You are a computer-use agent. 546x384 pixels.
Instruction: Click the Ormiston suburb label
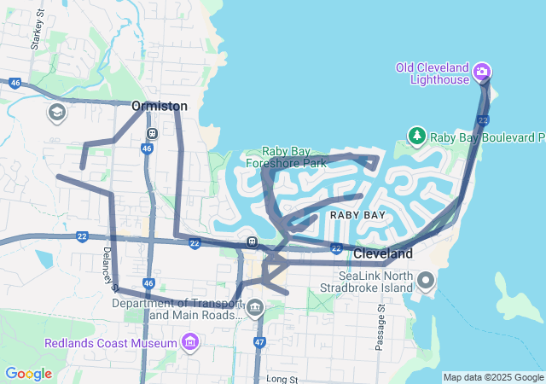[x=159, y=106]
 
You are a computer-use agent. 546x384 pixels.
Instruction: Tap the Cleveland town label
[x=383, y=253]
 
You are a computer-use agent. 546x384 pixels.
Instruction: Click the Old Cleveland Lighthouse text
[x=433, y=73]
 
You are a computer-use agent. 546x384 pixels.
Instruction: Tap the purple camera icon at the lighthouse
[x=481, y=70]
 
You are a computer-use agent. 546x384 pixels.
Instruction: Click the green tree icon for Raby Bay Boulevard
[x=416, y=136]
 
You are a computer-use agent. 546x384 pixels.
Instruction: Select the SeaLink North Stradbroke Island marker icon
[x=426, y=279]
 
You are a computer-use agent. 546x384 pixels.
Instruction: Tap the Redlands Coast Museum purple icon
[x=189, y=343]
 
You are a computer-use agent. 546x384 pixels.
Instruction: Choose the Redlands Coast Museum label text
[x=111, y=343]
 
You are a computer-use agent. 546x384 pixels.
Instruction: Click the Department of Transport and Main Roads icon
[x=255, y=309]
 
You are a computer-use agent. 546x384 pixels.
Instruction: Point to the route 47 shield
[x=258, y=342]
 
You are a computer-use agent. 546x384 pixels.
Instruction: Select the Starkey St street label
[x=36, y=38]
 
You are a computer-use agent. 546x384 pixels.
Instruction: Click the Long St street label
[x=281, y=378]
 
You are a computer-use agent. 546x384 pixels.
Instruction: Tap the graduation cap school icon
[x=56, y=113]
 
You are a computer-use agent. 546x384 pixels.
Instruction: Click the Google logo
[x=28, y=374]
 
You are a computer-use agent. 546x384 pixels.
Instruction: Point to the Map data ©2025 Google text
[x=493, y=377]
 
